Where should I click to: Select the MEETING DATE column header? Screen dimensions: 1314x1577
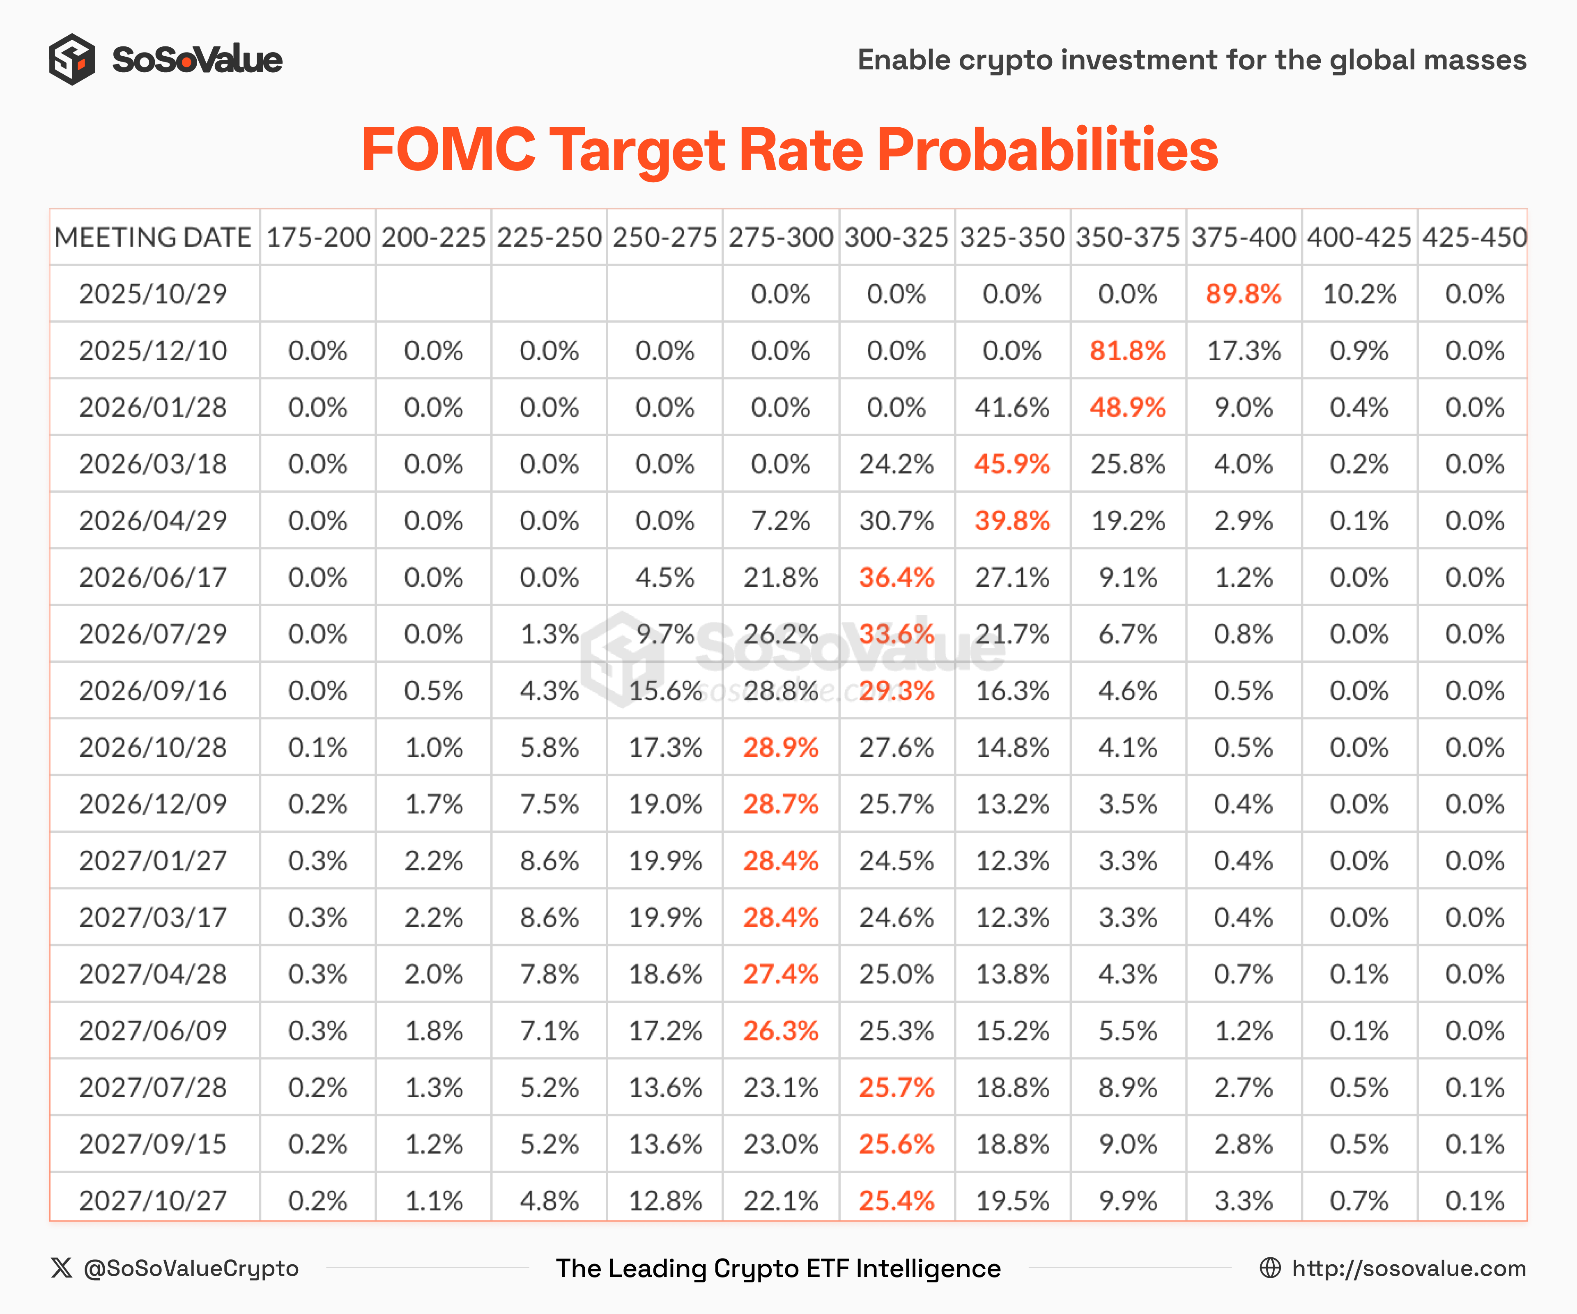coord(153,237)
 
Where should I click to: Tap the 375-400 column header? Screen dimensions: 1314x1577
coord(1244,237)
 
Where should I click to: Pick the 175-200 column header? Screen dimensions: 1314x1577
coord(317,237)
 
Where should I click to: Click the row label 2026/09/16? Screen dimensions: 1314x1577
coord(153,691)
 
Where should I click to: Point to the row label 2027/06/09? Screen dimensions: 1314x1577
coord(153,1031)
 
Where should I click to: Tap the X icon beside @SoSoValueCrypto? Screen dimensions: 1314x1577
coord(62,1268)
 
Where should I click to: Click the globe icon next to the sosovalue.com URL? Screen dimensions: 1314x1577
coord(1270,1268)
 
